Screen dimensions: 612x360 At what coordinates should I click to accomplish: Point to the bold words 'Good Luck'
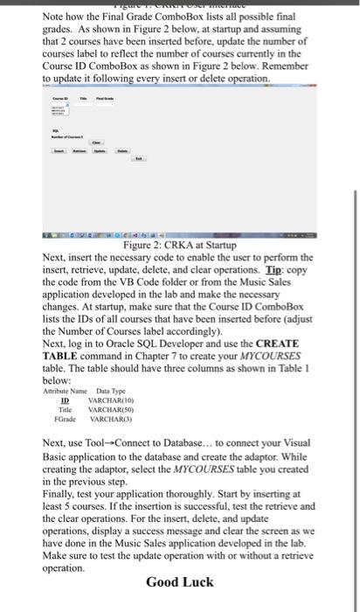click(x=179, y=582)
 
